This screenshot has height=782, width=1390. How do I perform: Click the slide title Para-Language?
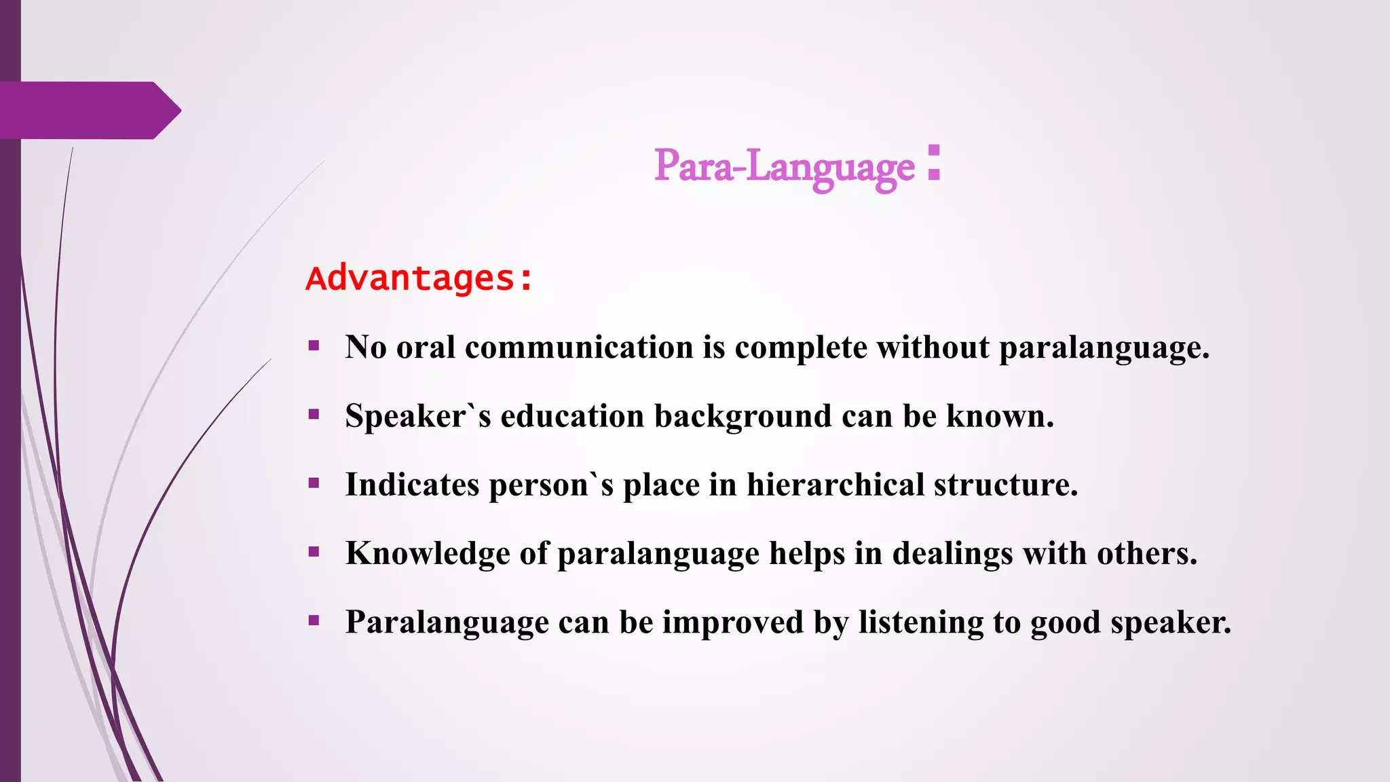click(784, 166)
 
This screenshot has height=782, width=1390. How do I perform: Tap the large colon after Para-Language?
click(934, 163)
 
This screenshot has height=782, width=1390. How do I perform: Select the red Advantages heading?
click(419, 278)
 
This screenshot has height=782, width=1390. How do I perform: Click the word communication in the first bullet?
click(578, 348)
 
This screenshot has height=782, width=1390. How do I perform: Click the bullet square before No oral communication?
click(314, 346)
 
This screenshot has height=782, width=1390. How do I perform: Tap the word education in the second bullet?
click(571, 416)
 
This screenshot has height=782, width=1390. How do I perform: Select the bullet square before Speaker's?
click(314, 415)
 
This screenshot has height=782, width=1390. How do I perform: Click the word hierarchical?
click(835, 485)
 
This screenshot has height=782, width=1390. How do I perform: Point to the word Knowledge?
click(428, 554)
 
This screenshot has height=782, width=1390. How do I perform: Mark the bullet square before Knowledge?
click(314, 552)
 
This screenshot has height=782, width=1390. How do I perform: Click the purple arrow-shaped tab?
click(88, 111)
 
